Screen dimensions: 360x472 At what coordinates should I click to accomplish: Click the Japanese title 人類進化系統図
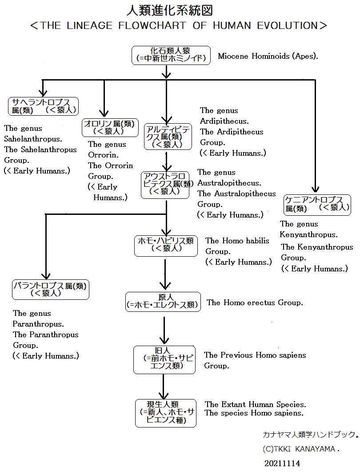(x=170, y=11)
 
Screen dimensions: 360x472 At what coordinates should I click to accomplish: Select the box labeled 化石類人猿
(x=171, y=55)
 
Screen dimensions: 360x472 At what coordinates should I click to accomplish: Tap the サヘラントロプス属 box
(x=43, y=106)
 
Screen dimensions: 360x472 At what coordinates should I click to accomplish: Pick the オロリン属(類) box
(x=110, y=128)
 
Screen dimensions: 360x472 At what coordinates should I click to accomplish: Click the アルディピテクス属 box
(x=168, y=137)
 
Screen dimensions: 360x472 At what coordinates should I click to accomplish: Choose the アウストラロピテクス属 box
(x=165, y=185)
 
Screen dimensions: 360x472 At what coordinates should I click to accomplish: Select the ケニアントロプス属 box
(x=317, y=205)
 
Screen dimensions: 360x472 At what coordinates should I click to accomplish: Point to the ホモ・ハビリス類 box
(x=166, y=246)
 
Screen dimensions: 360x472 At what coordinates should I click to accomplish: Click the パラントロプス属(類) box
(x=51, y=290)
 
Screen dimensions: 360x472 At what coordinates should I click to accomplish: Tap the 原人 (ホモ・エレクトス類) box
(x=163, y=302)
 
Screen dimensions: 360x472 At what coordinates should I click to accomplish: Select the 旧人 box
(x=164, y=360)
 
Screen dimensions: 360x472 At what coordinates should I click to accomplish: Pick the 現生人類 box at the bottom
(x=166, y=413)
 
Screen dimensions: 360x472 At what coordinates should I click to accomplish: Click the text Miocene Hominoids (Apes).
(x=268, y=56)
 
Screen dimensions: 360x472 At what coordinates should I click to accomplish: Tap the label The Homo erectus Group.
(x=254, y=303)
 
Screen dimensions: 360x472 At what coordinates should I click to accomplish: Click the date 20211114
(x=282, y=463)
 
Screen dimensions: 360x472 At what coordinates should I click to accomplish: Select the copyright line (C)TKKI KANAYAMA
(x=301, y=449)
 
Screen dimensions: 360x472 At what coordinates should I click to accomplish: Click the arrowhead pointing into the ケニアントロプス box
(x=315, y=189)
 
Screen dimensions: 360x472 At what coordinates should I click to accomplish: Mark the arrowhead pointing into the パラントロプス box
(x=46, y=276)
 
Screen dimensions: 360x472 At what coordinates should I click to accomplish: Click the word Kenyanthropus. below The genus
(x=308, y=235)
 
